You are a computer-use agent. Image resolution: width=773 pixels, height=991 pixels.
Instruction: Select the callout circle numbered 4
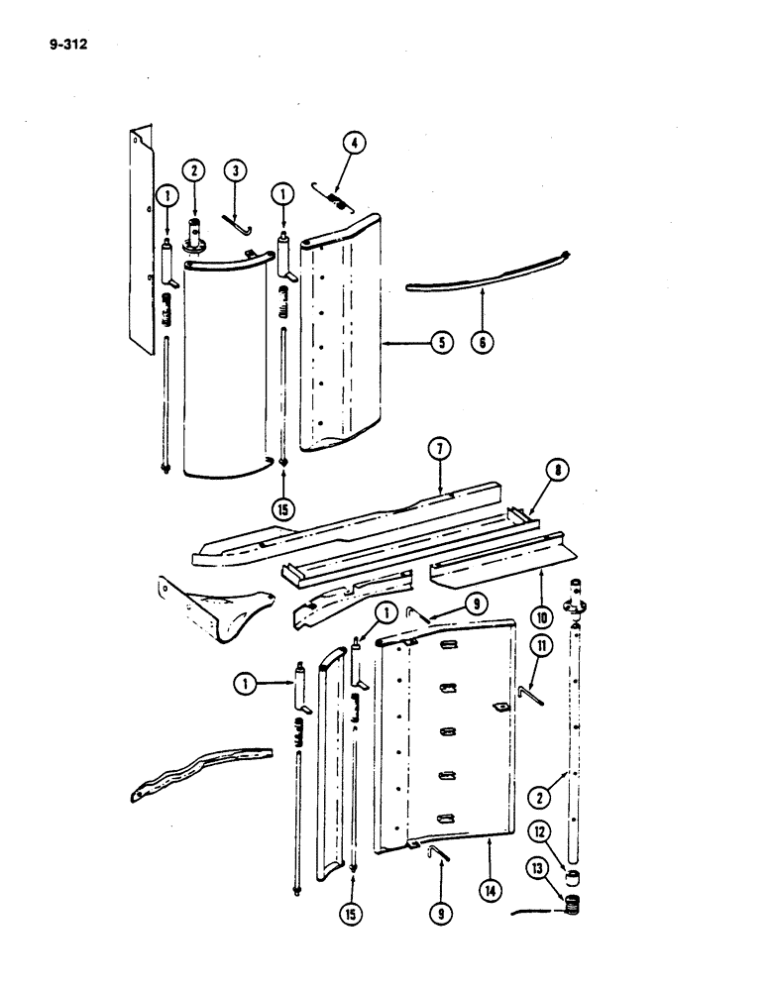click(354, 144)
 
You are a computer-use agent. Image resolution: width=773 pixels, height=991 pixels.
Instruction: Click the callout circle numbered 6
click(483, 344)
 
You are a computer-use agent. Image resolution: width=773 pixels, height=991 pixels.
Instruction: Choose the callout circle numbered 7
click(441, 451)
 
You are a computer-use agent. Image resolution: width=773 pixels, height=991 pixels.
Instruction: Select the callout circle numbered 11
click(540, 647)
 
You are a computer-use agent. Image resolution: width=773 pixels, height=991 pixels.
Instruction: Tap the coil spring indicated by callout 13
click(570, 905)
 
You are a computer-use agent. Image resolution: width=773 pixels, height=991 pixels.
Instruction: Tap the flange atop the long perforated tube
click(573, 606)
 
